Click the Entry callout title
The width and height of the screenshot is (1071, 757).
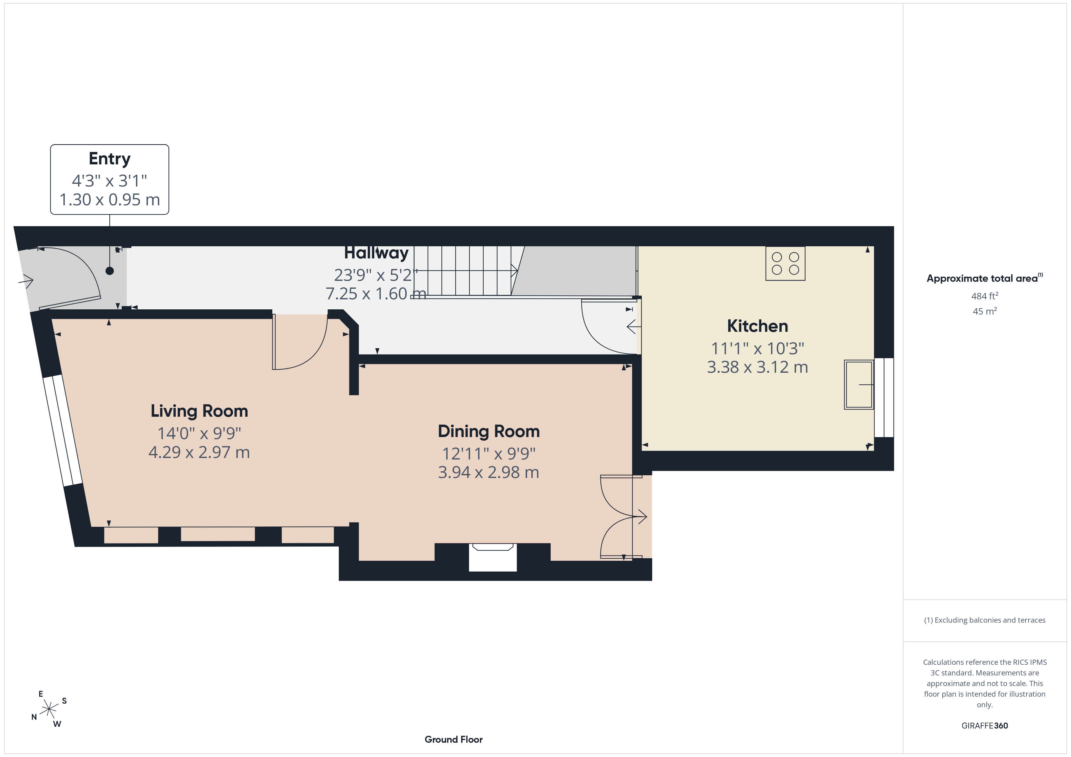[110, 159]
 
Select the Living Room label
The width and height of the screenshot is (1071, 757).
[199, 411]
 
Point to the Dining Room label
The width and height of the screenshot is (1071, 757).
[488, 431]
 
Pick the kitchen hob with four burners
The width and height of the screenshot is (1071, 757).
[785, 263]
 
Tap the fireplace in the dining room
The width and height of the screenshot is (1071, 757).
[493, 557]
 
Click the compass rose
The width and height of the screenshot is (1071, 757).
[49, 709]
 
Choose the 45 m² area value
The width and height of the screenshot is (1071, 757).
[985, 311]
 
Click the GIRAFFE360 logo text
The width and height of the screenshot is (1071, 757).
[985, 725]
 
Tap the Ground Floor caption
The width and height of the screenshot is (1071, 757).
[454, 739]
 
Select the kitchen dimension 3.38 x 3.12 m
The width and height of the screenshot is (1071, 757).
[757, 367]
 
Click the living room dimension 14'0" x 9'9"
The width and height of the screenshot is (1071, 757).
[199, 433]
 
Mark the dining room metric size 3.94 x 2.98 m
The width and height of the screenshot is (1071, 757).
[488, 473]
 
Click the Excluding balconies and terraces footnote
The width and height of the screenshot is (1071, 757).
[985, 620]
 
